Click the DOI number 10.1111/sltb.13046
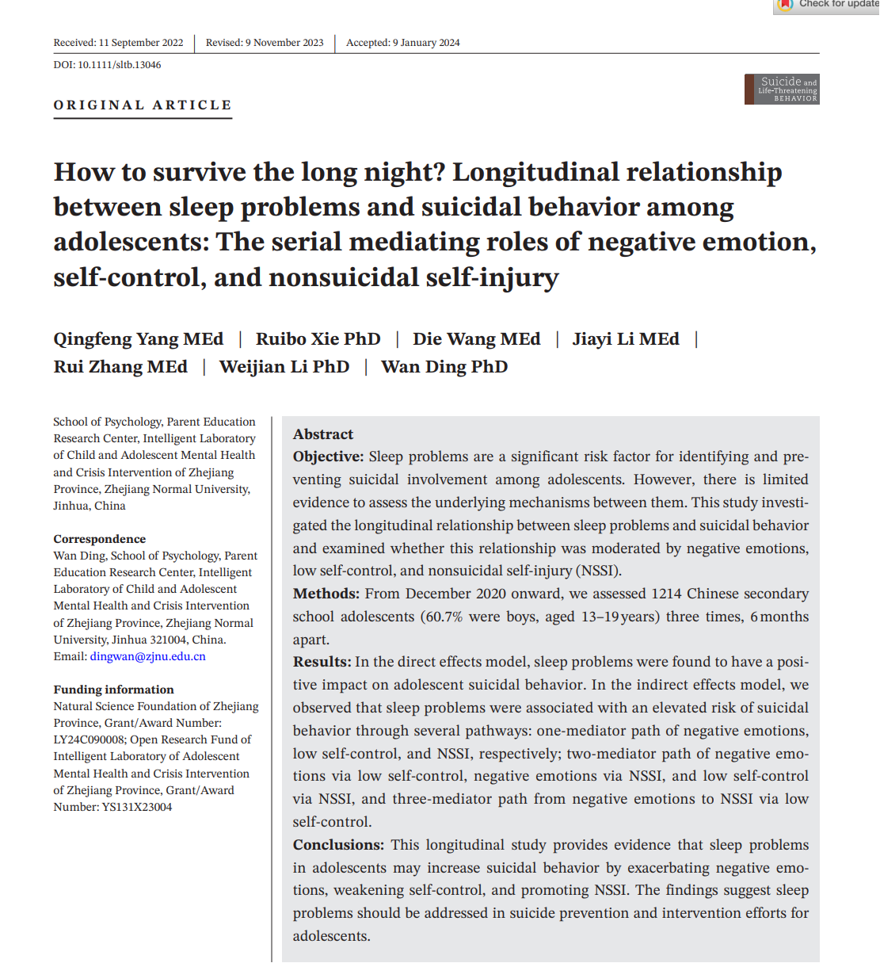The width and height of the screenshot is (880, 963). point(119,65)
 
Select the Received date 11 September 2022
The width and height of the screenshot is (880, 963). point(141,43)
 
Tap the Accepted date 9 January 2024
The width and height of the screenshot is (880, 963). point(426,43)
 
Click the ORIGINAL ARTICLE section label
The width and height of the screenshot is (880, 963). point(143,105)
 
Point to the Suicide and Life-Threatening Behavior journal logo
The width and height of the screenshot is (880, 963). point(782,90)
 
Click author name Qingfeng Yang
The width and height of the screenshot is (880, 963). point(138,339)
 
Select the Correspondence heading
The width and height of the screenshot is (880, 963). point(100,539)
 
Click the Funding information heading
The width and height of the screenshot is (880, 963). point(113,690)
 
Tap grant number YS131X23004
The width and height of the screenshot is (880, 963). point(135,807)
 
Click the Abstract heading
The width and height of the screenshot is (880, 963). point(323,434)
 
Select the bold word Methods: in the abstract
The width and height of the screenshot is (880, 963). point(326,594)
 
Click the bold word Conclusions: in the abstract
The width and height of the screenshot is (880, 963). point(338,845)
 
